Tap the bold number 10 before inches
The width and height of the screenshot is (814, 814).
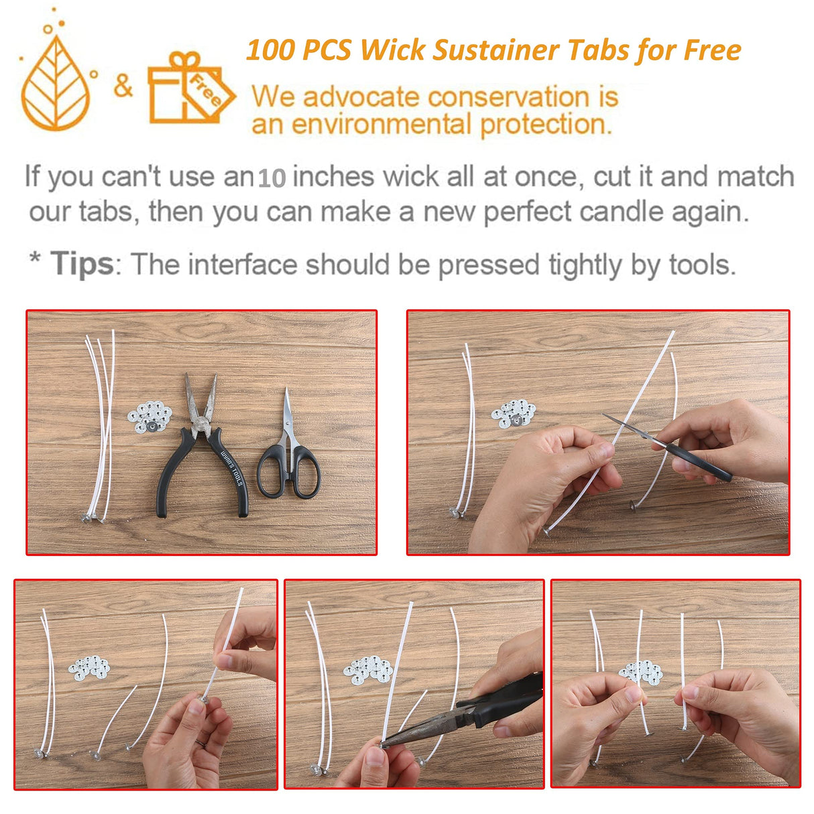pyautogui.click(x=272, y=178)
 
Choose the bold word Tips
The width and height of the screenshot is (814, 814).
pyautogui.click(x=82, y=264)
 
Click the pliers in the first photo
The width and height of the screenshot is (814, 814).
pyautogui.click(x=202, y=449)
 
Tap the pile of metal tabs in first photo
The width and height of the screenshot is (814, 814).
pyautogui.click(x=150, y=416)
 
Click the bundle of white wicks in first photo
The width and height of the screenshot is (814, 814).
pyautogui.click(x=99, y=429)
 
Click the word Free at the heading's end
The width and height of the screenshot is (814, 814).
pyautogui.click(x=712, y=51)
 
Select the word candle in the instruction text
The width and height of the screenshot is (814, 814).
pyautogui.click(x=608, y=213)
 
